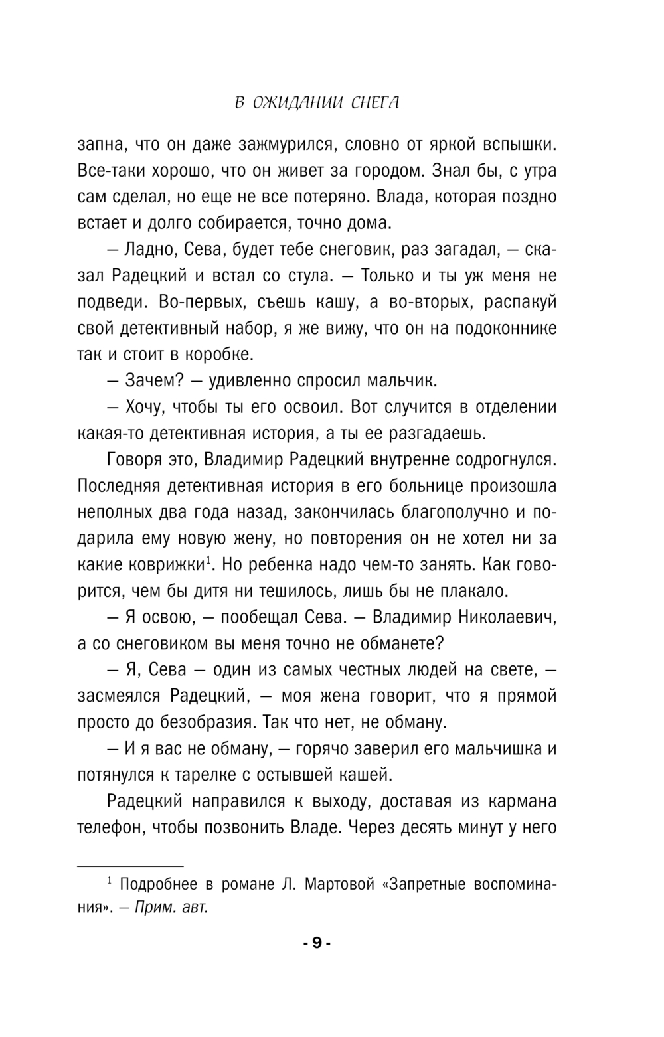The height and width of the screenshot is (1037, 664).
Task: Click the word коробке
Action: (x=220, y=355)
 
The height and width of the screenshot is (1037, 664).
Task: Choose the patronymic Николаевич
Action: (x=505, y=617)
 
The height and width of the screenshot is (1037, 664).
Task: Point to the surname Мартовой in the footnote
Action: (x=331, y=885)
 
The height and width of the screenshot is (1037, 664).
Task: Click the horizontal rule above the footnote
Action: (x=129, y=866)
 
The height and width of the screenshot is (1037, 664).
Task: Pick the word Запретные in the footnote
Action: (x=424, y=885)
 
